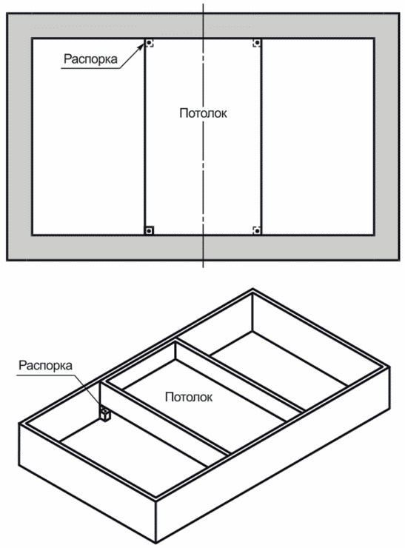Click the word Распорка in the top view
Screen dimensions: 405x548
[90, 59]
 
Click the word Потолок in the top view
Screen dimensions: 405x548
[203, 113]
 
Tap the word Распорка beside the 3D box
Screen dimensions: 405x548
[45, 366]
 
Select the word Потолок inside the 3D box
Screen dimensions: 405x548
[189, 397]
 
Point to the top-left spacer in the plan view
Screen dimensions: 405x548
[150, 43]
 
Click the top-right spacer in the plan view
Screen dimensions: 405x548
[257, 43]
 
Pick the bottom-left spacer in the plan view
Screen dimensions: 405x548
[150, 230]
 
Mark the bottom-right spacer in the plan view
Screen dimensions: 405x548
[257, 230]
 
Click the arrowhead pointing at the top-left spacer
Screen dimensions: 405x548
[141, 47]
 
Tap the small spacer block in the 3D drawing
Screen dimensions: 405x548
[106, 414]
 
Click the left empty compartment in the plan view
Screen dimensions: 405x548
[88, 137]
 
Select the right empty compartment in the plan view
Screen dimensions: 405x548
[318, 137]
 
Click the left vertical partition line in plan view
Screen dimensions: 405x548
[144, 137]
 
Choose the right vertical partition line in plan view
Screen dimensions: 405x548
[261, 137]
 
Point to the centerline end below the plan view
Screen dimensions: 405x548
[203, 268]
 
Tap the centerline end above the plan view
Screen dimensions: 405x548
[203, 4]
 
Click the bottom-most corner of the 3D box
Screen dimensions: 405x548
[155, 543]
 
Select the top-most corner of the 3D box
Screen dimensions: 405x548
[252, 290]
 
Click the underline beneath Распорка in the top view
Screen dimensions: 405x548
[91, 68]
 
